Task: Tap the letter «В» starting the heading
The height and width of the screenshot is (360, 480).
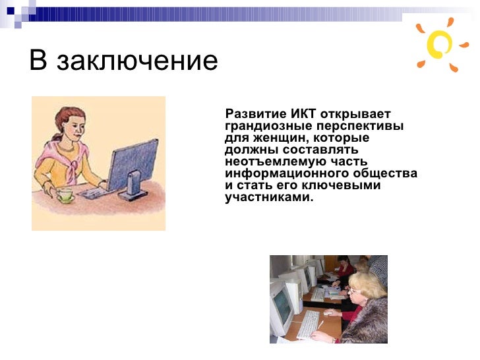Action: click(x=39, y=61)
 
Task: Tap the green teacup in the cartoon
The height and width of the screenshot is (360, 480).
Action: click(x=65, y=196)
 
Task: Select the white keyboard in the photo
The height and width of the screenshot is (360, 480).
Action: click(x=308, y=322)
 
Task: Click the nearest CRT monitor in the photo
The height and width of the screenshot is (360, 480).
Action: click(x=282, y=307)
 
